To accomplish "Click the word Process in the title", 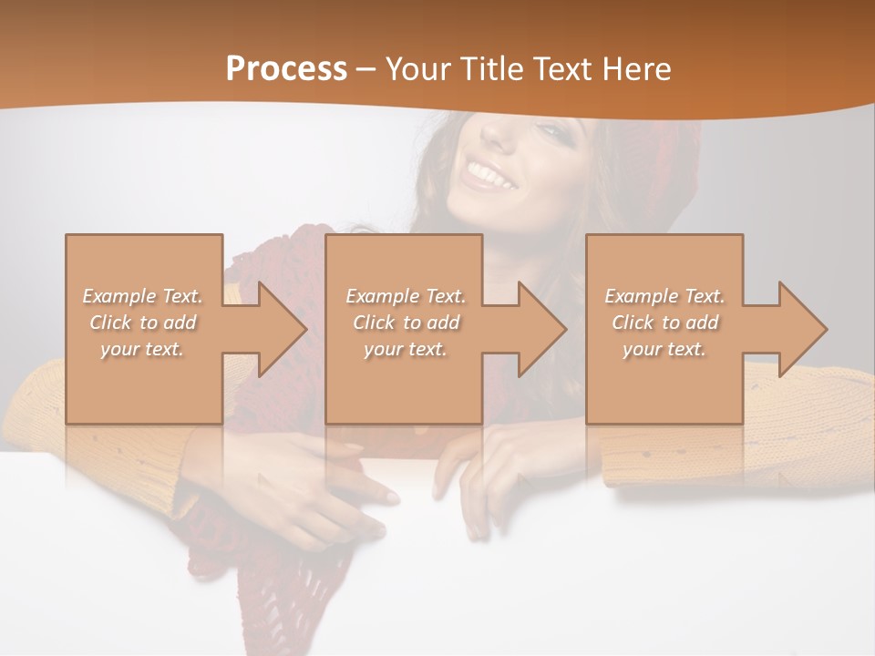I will (286, 69).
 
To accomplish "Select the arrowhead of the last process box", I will (801, 329).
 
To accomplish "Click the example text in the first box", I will (142, 323).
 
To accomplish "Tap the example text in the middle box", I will (405, 323).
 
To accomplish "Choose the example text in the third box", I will (664, 323).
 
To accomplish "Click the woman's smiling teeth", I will (489, 172).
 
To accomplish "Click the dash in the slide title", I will (366, 69).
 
